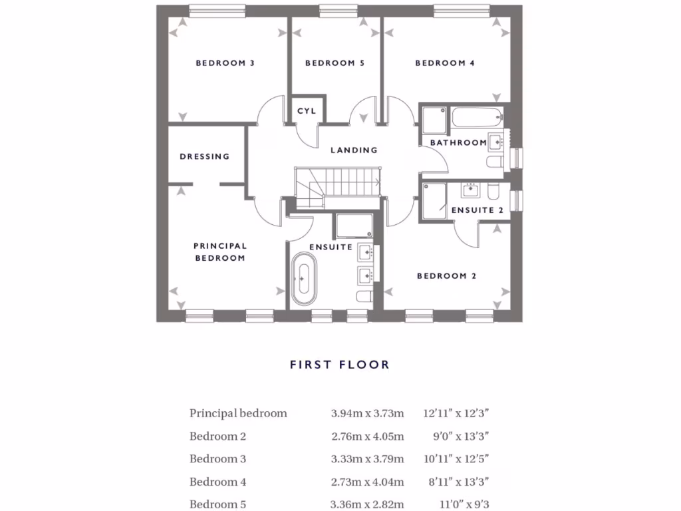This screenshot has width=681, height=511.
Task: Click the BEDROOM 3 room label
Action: click(x=225, y=63)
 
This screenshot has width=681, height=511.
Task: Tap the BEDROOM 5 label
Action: click(x=335, y=63)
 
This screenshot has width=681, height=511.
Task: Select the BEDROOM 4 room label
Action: click(x=445, y=63)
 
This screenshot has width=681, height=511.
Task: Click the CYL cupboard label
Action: click(x=306, y=111)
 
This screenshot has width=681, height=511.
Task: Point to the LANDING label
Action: click(x=354, y=150)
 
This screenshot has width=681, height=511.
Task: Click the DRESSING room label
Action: click(x=204, y=157)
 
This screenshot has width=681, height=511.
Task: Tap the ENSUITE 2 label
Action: click(x=477, y=210)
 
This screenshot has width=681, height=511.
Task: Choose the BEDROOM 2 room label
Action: click(x=446, y=276)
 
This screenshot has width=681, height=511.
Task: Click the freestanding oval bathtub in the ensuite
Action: click(x=304, y=278)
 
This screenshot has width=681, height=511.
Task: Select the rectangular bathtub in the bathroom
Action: click(x=476, y=118)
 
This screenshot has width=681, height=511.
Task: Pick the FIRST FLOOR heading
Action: click(x=339, y=365)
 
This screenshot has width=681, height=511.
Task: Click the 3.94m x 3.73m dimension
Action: click(x=367, y=413)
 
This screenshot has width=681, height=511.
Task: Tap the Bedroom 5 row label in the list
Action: click(x=217, y=504)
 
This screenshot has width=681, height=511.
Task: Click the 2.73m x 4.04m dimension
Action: click(x=367, y=482)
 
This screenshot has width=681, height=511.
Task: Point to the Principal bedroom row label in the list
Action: click(x=238, y=413)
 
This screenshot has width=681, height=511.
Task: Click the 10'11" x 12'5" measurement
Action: click(x=456, y=459)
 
